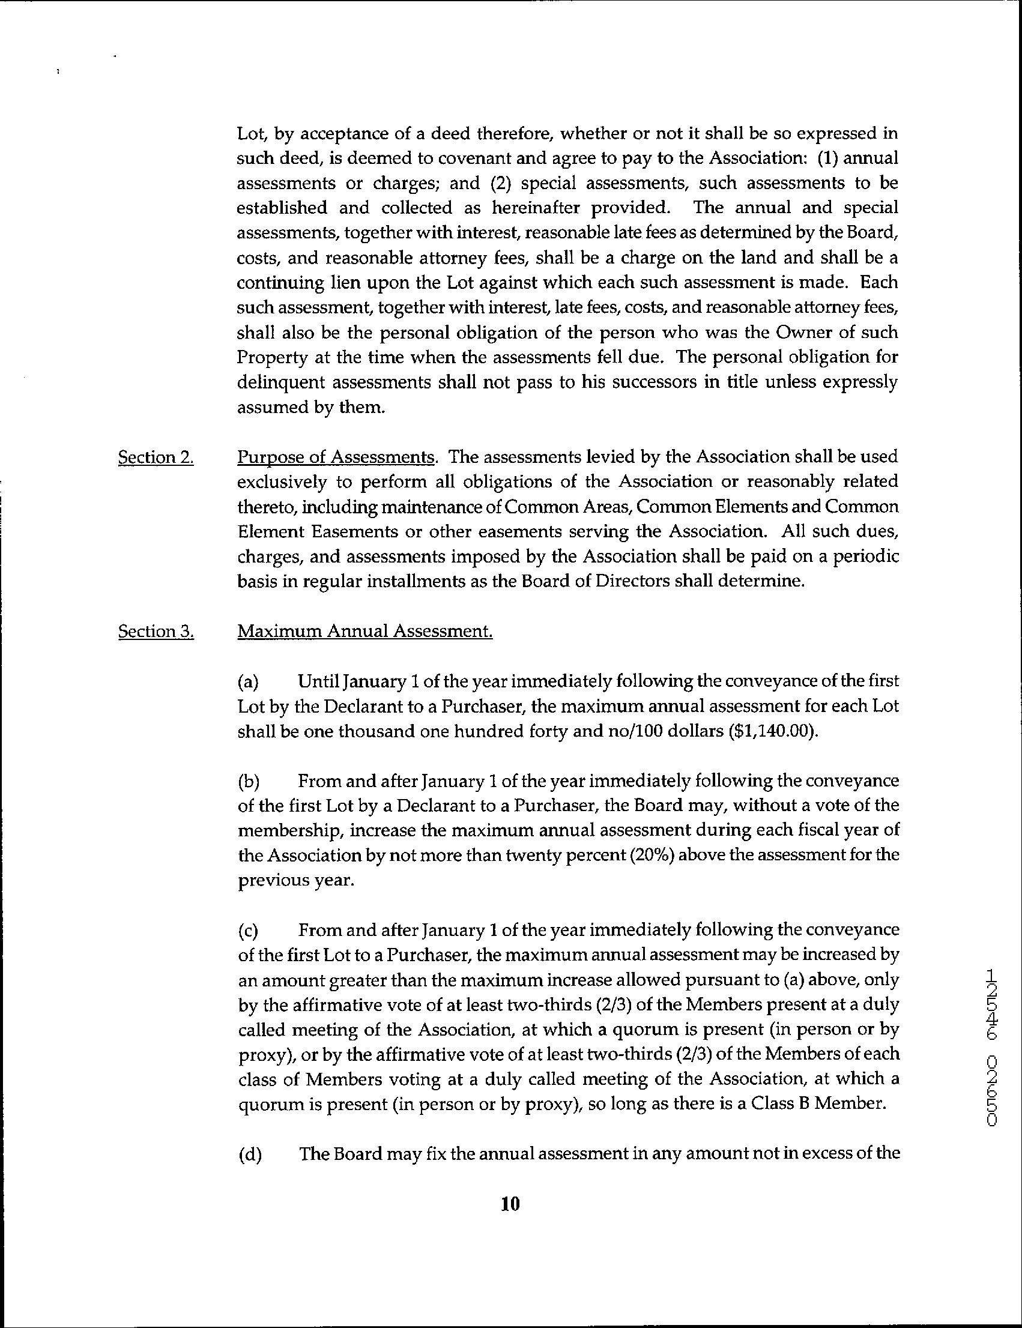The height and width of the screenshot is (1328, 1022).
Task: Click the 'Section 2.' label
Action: (156, 457)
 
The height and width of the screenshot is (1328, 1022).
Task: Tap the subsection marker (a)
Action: (248, 681)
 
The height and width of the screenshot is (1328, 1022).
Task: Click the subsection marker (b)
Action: (249, 780)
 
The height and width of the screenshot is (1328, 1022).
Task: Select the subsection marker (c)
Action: (248, 931)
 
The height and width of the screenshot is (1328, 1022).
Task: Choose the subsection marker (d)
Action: (249, 1154)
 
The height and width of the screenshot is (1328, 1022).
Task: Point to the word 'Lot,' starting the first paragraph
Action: (250, 134)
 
